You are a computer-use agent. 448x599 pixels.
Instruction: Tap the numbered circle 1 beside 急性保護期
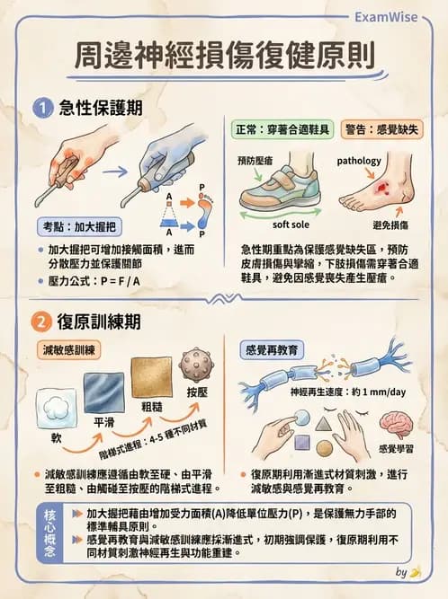click(41, 109)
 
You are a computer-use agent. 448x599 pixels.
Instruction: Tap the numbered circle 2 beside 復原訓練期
click(41, 321)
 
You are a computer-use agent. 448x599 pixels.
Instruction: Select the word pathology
click(359, 162)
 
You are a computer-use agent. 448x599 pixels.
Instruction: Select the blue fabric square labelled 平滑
click(104, 392)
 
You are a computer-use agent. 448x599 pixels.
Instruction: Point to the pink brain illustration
click(396, 423)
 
